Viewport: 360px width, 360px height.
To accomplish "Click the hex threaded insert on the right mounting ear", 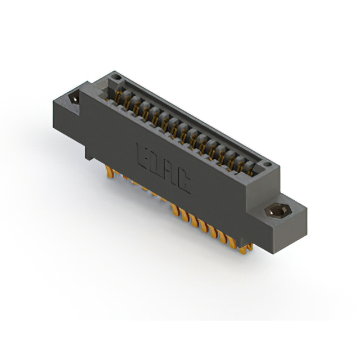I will pyautogui.click(x=274, y=211).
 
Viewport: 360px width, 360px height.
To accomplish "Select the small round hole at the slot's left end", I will pyautogui.click(x=116, y=75).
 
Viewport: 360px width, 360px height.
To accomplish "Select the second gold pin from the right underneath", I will pyautogui.click(x=239, y=243).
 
